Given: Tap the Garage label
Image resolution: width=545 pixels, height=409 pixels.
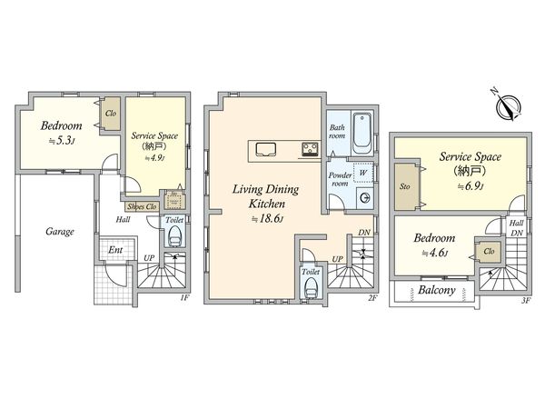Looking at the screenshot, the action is click(x=60, y=232).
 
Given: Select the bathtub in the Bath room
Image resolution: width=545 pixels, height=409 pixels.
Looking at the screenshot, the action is click(x=362, y=134).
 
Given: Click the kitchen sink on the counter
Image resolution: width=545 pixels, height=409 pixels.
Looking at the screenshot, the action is click(x=266, y=150).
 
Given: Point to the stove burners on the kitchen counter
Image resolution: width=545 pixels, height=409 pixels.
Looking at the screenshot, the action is click(x=311, y=149).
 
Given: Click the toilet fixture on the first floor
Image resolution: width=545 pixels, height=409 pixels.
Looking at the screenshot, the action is click(x=174, y=236).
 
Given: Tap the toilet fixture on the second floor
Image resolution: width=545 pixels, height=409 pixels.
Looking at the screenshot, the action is click(x=311, y=287).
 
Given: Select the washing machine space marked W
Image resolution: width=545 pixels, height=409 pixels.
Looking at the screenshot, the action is click(x=362, y=173).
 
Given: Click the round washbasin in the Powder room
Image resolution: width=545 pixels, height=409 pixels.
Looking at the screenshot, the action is click(x=365, y=198).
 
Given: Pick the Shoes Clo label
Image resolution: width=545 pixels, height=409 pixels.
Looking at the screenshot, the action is click(x=142, y=206).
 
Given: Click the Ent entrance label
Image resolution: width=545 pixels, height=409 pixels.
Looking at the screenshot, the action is click(x=115, y=250).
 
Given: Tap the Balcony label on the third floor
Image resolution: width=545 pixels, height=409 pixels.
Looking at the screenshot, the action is click(x=437, y=290).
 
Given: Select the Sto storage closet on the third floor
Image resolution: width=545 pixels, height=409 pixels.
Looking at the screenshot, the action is click(x=405, y=186).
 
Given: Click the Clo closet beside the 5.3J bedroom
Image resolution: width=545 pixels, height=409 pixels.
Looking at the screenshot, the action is click(x=111, y=114).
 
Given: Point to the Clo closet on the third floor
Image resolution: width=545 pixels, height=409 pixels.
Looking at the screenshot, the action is click(x=489, y=251).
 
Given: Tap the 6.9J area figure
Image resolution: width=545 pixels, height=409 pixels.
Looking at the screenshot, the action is click(x=471, y=186).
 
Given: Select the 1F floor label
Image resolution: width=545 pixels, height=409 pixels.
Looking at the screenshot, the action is click(x=184, y=298).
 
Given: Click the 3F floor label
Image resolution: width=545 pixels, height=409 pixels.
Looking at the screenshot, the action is click(x=526, y=301).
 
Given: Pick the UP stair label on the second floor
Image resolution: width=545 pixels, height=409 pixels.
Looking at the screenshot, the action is click(x=337, y=259).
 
